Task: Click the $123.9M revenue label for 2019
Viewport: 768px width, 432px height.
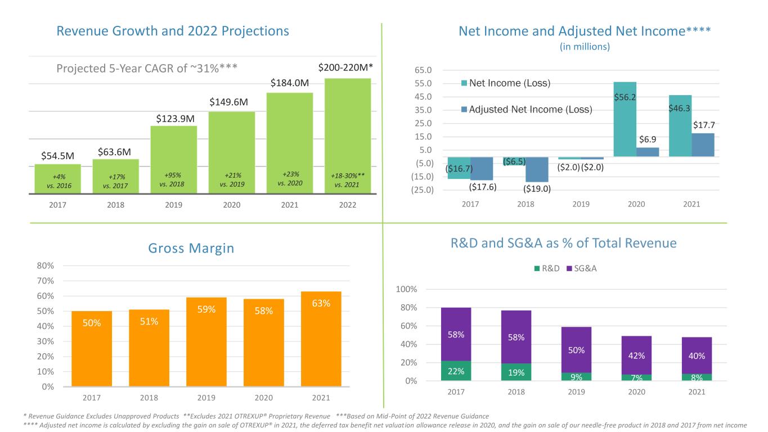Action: pyautogui.click(x=176, y=119)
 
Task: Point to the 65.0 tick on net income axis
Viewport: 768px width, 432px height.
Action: pyautogui.click(x=423, y=70)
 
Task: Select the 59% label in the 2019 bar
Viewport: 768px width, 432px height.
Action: pyautogui.click(x=206, y=309)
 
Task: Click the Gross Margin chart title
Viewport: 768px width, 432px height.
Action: pyautogui.click(x=192, y=248)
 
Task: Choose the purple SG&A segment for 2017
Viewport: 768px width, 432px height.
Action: pyautogui.click(x=456, y=334)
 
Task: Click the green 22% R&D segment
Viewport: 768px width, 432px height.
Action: pyautogui.click(x=456, y=371)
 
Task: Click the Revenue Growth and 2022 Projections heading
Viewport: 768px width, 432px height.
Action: pyautogui.click(x=173, y=31)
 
